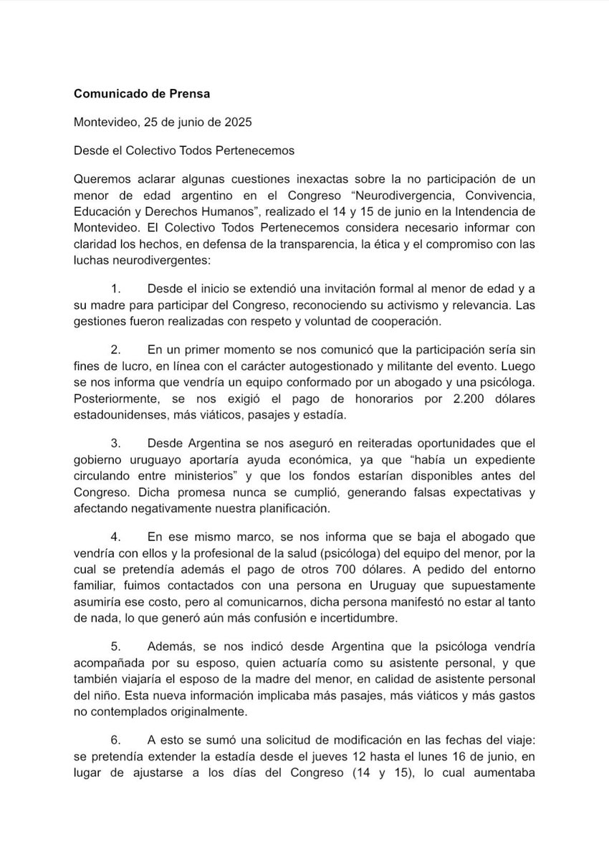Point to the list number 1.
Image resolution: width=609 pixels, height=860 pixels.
[117, 288]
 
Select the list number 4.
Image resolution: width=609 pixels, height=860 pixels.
[117, 536]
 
